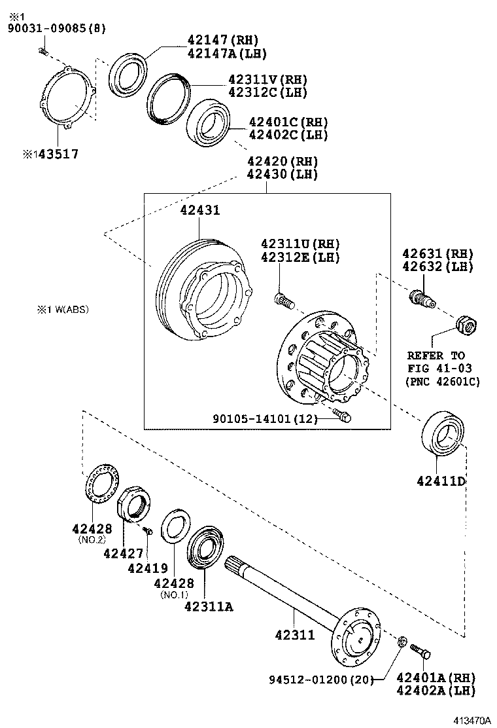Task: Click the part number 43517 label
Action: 55,155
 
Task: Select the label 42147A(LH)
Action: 226,54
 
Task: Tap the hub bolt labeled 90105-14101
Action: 341,415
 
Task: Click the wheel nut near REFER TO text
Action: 464,323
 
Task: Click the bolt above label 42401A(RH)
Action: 420,651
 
